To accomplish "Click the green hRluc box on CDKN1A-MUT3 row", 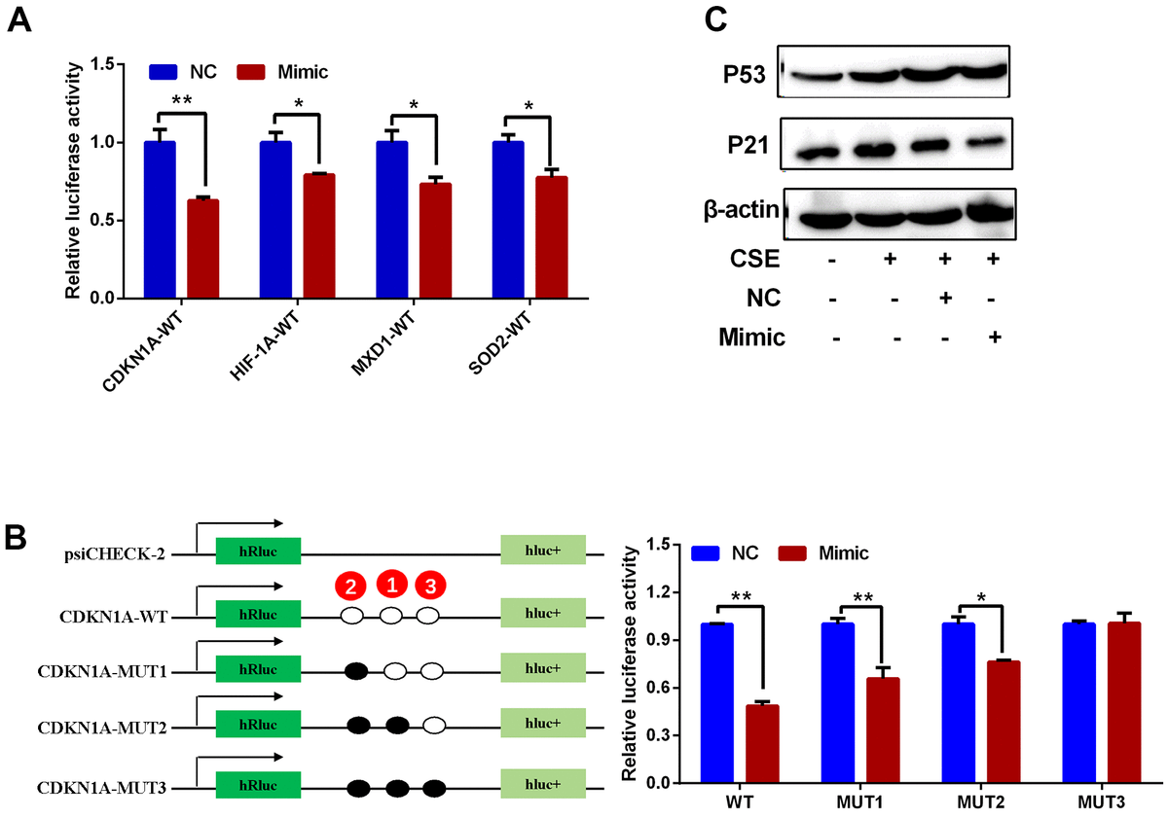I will click(x=258, y=787).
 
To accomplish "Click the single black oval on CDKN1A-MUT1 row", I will click(x=357, y=671).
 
